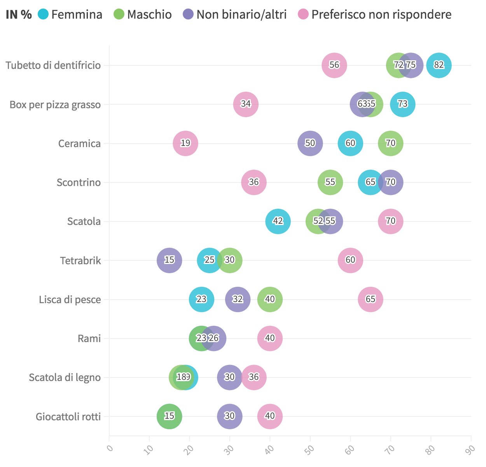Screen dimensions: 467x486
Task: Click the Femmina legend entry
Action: [x=70, y=15]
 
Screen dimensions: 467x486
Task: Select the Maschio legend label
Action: [x=143, y=15]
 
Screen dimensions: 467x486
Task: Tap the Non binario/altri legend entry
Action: [x=235, y=15]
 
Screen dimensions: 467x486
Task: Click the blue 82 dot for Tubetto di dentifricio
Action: [x=439, y=65]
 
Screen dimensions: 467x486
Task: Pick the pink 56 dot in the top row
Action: [x=334, y=65]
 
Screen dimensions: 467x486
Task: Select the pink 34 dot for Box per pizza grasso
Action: [x=246, y=104]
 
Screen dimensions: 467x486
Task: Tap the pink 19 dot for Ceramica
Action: [x=185, y=143]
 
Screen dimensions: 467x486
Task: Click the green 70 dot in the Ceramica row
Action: [x=390, y=143]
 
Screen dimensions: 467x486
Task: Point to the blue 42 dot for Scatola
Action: [x=278, y=221]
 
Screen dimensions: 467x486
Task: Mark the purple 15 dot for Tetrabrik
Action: [x=169, y=260]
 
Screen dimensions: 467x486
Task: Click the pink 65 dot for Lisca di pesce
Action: [x=370, y=299]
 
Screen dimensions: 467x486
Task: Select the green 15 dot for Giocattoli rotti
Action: [x=169, y=416]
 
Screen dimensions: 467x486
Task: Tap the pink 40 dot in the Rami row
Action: [x=270, y=338]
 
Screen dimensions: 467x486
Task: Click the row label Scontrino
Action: [x=79, y=183]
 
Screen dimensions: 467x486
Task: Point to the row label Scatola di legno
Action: [x=65, y=377]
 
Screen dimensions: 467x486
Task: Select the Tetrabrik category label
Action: [x=80, y=260]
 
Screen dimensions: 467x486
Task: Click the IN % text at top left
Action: [x=19, y=15]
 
